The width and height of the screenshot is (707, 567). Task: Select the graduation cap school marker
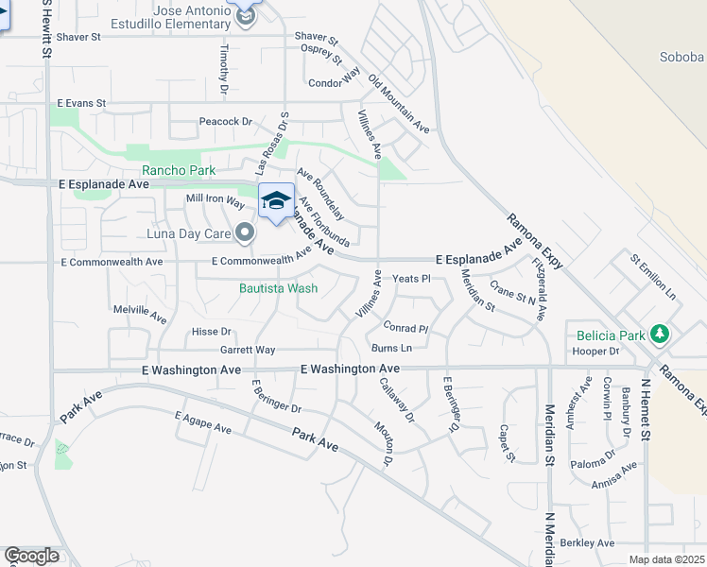[x=275, y=201]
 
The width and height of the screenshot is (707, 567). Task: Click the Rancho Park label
[x=179, y=170]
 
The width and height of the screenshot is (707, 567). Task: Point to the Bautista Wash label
[x=278, y=287]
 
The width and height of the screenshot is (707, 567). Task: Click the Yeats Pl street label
[x=411, y=279]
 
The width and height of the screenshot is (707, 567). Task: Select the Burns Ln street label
[x=391, y=349]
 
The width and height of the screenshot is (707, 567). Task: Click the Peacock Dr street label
[x=226, y=121]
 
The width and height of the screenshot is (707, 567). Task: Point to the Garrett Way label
[x=248, y=350]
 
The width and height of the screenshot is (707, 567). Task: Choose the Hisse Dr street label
[x=212, y=332]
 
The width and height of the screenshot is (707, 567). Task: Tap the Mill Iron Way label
[x=216, y=198]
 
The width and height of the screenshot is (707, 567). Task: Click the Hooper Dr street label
[x=595, y=351]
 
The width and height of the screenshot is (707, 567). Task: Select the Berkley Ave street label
[x=587, y=542]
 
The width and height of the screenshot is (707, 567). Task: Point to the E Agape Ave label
[x=203, y=421]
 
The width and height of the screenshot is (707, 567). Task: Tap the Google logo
[x=31, y=556]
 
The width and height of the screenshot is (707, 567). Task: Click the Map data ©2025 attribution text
[x=666, y=559]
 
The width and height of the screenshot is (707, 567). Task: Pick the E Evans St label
[x=82, y=102]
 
